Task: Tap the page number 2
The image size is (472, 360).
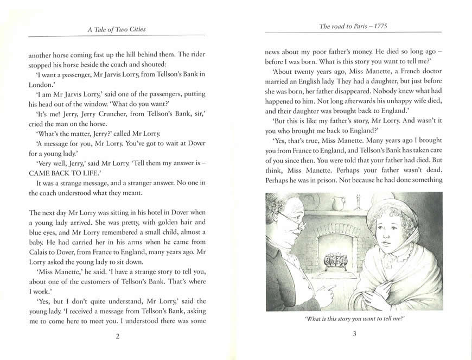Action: tap(117, 335)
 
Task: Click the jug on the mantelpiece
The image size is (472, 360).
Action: tap(339, 204)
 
